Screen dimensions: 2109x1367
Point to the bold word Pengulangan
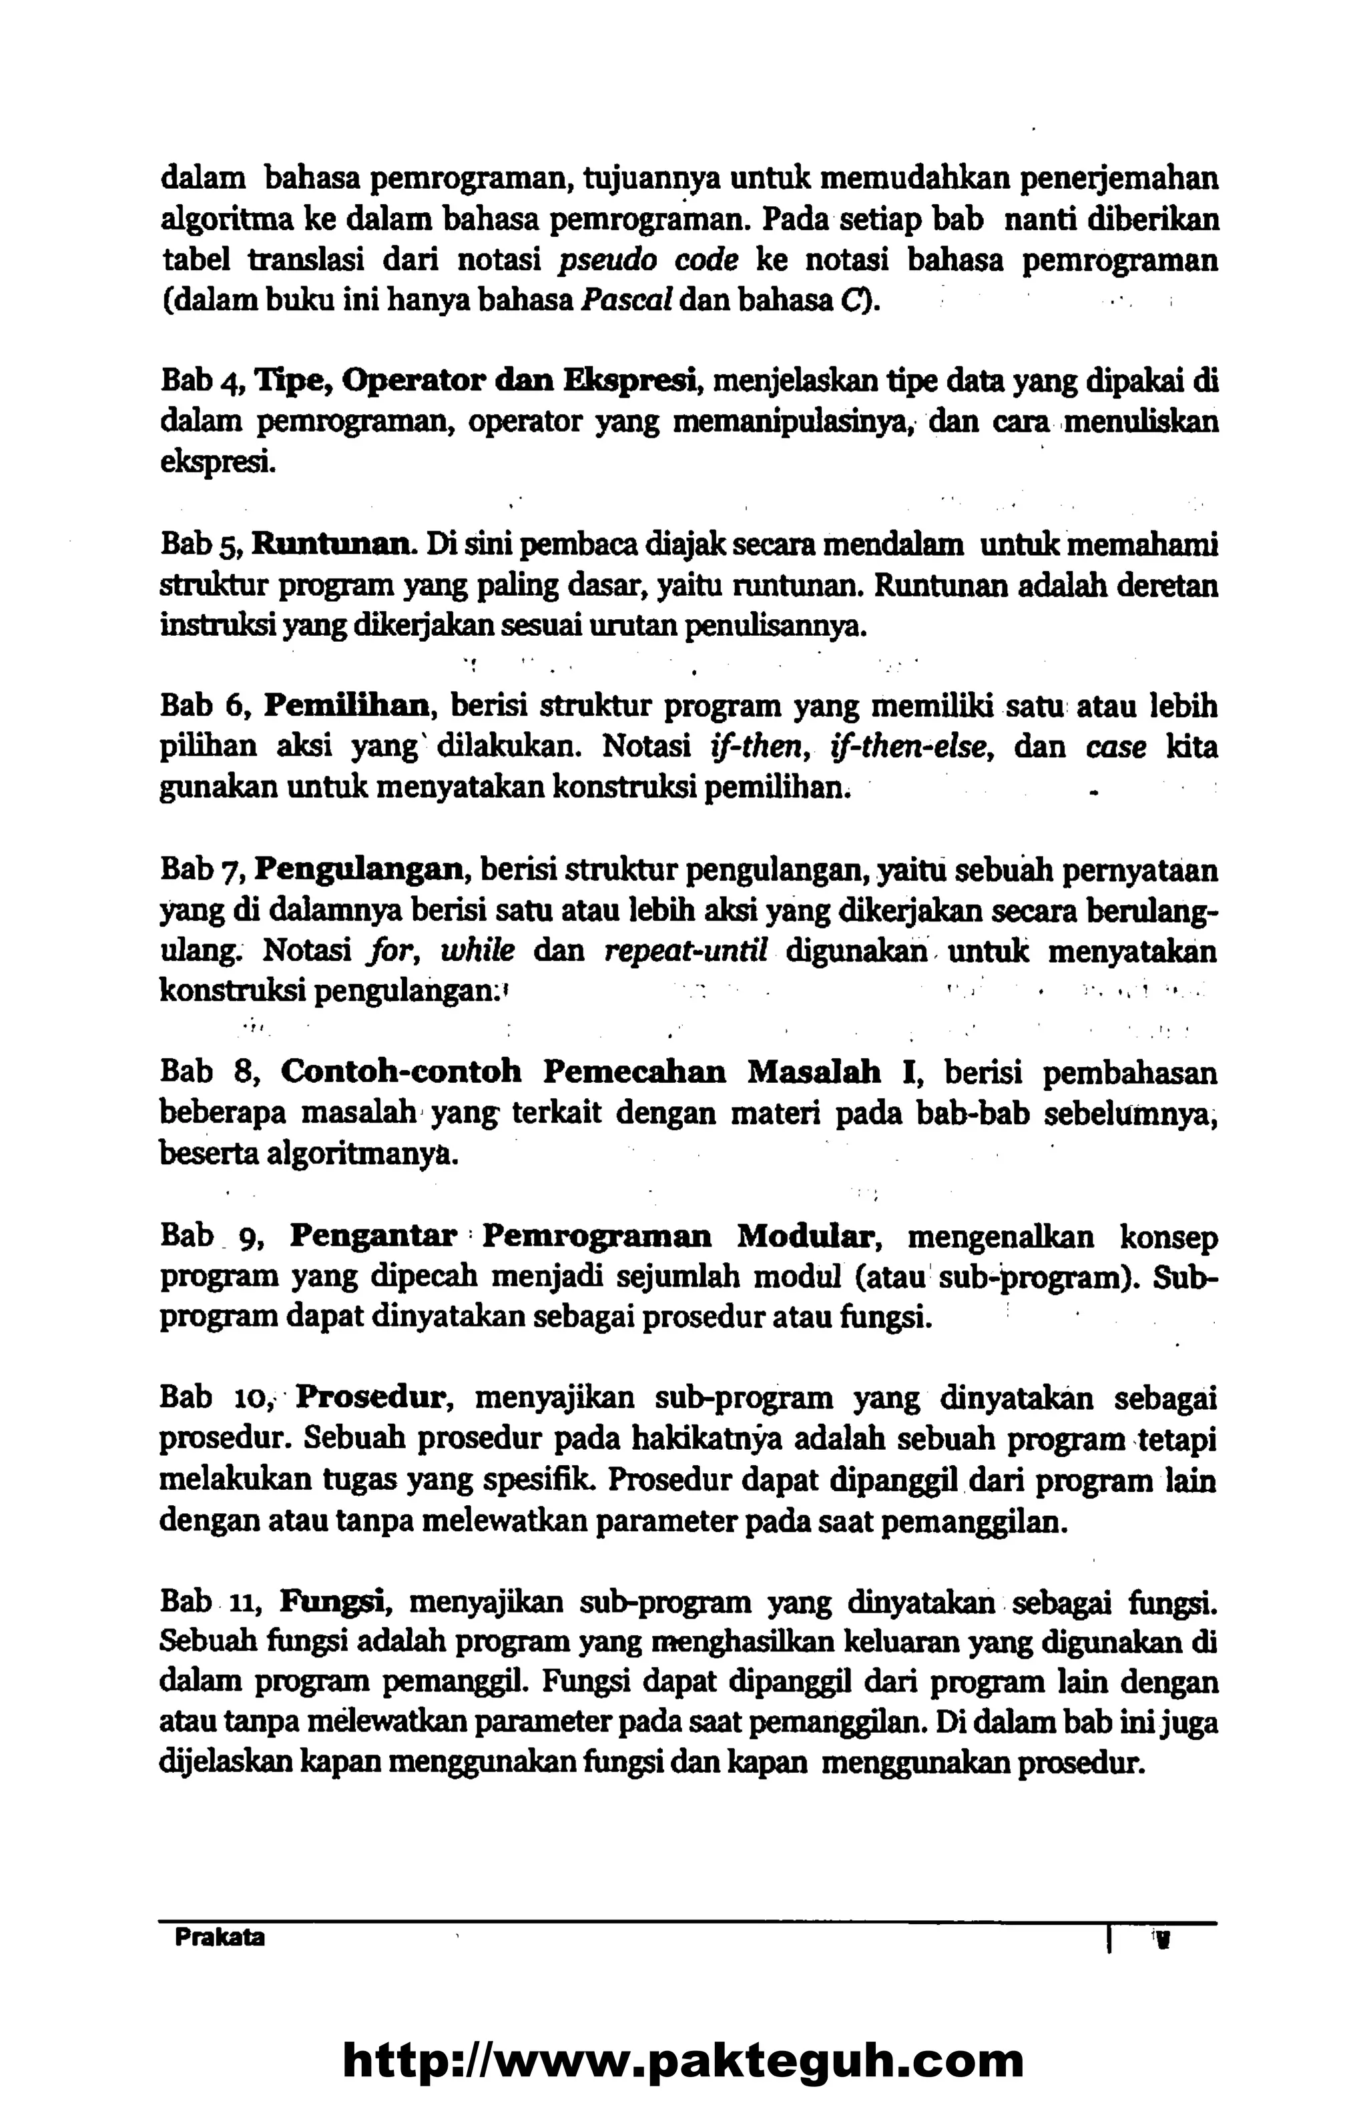point(362,869)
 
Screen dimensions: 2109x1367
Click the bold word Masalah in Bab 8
point(814,1072)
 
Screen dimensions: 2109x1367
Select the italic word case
point(1115,747)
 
